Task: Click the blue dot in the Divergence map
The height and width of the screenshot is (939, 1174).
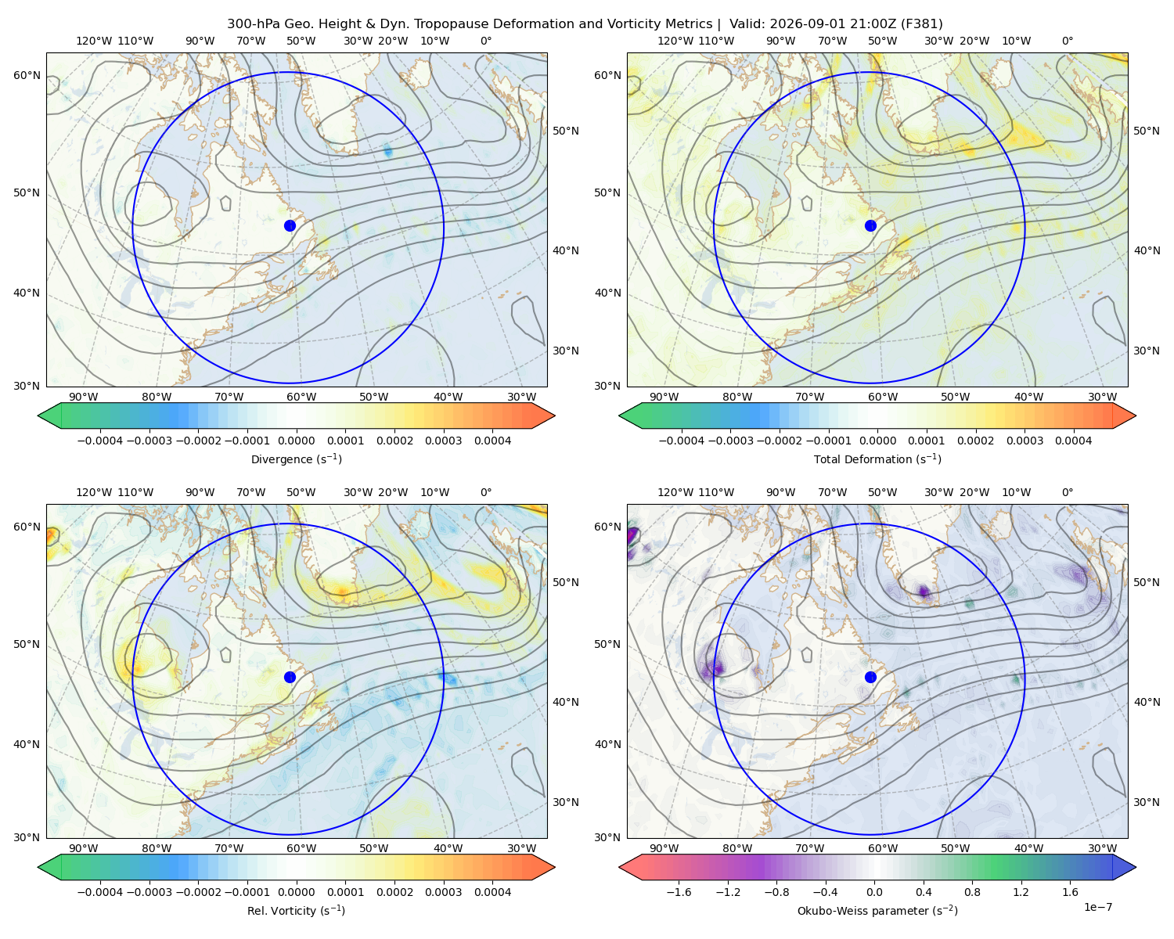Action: [x=290, y=225]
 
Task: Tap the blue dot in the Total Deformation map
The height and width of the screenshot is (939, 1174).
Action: [x=870, y=225]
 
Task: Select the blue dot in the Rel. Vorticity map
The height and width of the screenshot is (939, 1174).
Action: [x=290, y=677]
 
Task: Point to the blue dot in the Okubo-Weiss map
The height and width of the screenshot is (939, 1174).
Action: [x=870, y=677]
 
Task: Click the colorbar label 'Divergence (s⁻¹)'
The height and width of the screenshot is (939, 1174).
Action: [x=296, y=459]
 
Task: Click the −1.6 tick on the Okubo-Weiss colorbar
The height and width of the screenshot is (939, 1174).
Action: [x=679, y=892]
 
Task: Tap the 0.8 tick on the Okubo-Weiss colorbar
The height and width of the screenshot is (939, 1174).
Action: [x=972, y=892]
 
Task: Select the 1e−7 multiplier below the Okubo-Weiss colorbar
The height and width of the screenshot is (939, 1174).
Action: [x=1097, y=907]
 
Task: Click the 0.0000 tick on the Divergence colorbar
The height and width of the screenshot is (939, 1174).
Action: [x=296, y=441]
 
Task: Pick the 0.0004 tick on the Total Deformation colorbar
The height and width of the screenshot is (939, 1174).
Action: [x=1073, y=441]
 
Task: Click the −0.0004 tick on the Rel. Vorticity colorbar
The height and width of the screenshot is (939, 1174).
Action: [x=100, y=892]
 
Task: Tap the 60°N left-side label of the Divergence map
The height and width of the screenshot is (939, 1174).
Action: [x=27, y=75]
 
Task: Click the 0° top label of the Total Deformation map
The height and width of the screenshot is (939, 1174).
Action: [x=1067, y=41]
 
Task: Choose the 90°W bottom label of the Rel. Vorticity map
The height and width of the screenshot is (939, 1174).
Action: [x=84, y=848]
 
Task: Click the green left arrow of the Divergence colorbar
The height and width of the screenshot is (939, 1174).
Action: [x=49, y=416]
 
